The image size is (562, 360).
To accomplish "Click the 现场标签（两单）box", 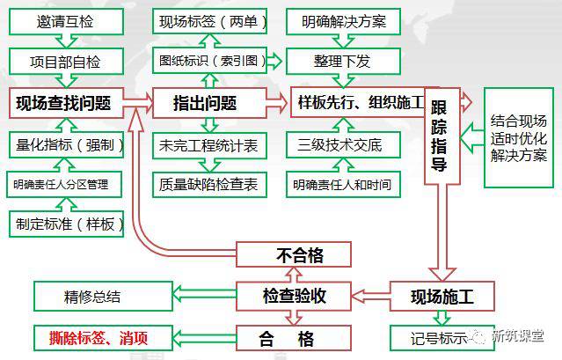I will (208, 21).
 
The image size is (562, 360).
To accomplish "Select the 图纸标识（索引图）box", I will (208, 62).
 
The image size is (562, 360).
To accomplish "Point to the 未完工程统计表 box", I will (208, 144).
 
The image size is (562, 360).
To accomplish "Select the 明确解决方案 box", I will (337, 21).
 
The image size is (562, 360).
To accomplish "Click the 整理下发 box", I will (337, 62).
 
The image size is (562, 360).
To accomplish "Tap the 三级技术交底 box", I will (337, 144).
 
